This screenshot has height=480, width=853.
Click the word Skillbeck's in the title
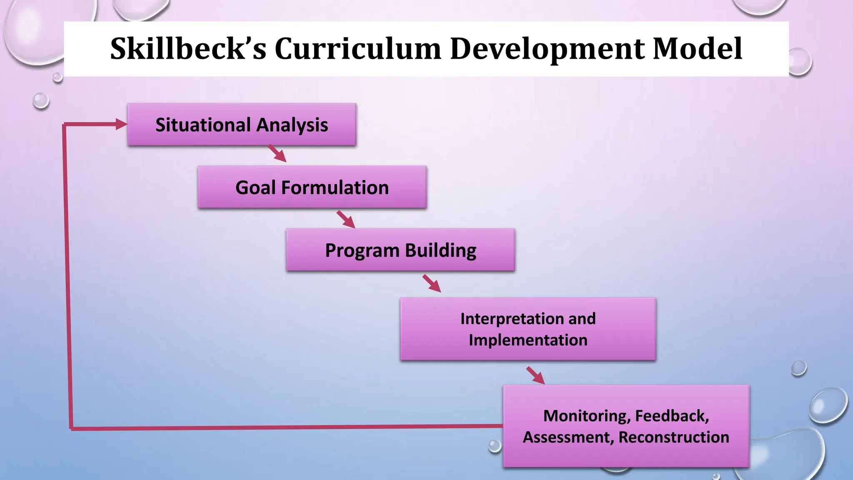point(187,49)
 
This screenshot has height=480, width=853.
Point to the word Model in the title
point(697,49)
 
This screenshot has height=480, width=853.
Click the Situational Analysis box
point(242,125)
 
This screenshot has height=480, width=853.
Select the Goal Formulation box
point(312,187)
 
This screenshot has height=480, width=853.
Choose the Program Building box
point(400,250)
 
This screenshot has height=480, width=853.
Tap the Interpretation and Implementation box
point(528,329)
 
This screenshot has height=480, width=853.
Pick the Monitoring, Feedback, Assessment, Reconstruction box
point(626,426)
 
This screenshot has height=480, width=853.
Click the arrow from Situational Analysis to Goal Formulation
point(277,153)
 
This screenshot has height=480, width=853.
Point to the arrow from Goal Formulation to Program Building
point(346,220)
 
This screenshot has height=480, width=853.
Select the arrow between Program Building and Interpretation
point(432,283)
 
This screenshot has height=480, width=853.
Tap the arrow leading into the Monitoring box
point(536,375)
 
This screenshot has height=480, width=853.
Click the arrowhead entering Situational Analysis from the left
point(121,124)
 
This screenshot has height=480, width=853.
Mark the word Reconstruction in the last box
point(673,437)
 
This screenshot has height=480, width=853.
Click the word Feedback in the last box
point(671,416)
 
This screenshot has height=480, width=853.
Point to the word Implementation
point(528,340)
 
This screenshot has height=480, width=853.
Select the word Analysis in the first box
point(292,125)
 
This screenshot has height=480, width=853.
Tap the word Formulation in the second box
point(335,187)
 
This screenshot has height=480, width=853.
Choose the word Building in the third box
point(440,250)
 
